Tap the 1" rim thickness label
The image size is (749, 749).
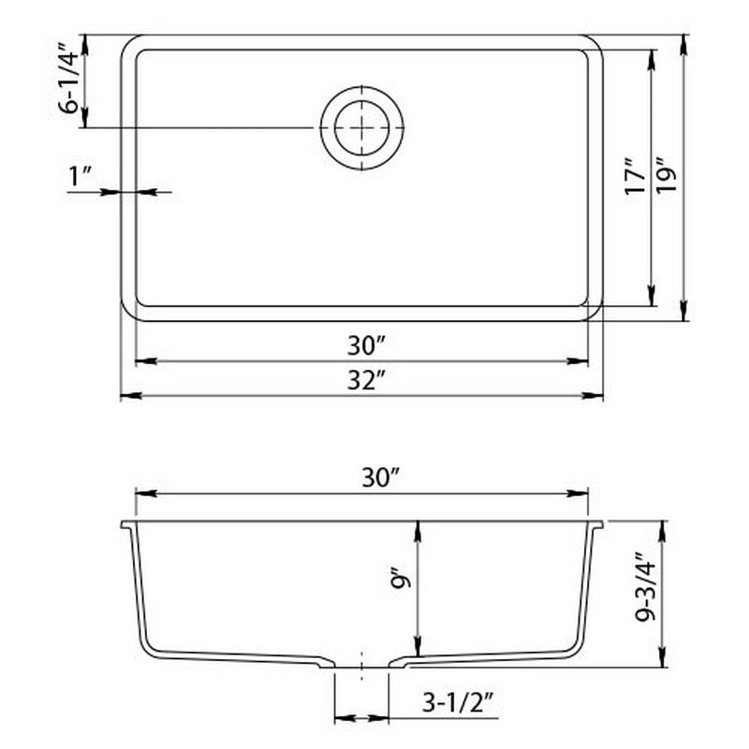click(x=80, y=174)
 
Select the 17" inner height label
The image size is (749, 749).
click(x=634, y=179)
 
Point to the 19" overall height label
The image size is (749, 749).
click(x=666, y=179)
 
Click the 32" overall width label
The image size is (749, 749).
click(x=362, y=381)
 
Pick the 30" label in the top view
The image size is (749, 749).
click(x=362, y=345)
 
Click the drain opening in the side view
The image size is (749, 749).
click(x=361, y=667)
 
